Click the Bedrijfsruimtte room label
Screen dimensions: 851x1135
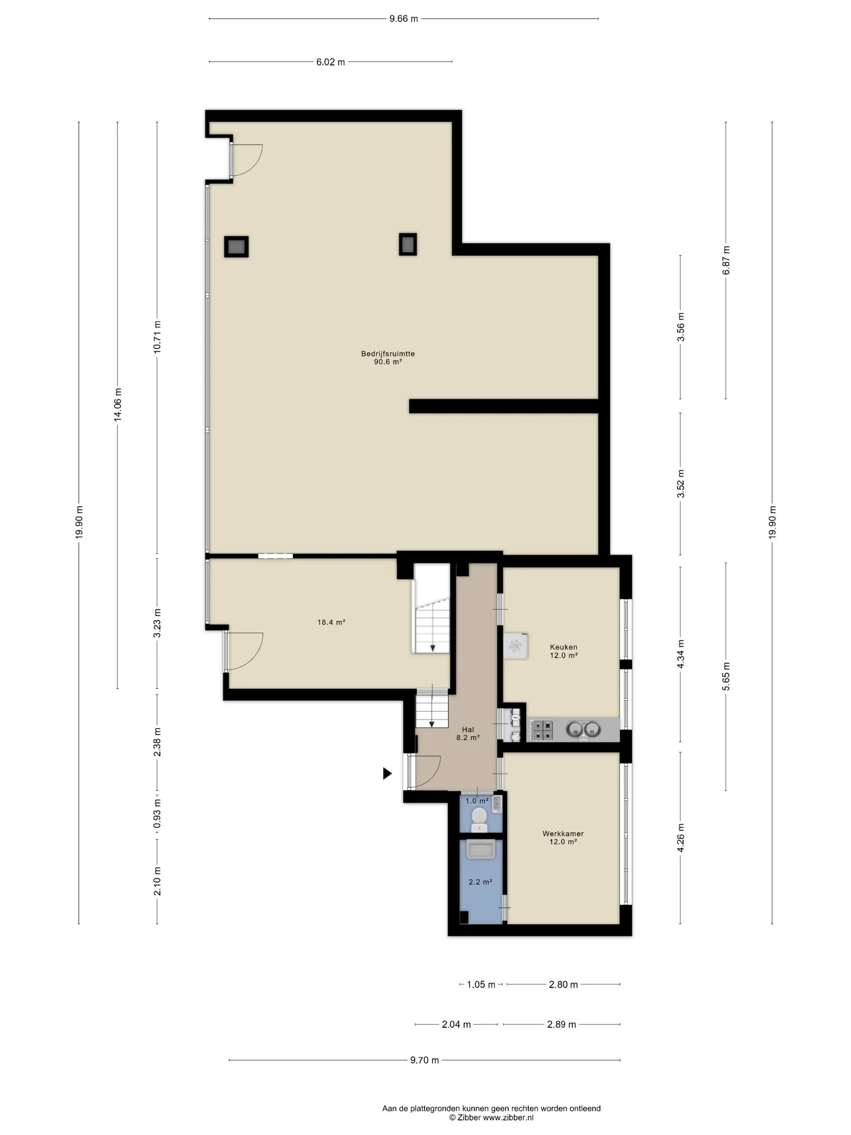pos(388,353)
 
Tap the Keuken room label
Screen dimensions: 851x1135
pos(563,647)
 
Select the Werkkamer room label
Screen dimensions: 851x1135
pos(563,834)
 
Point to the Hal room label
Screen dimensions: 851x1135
pos(468,730)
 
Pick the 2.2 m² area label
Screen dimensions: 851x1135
pos(480,882)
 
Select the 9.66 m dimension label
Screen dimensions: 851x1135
pos(404,19)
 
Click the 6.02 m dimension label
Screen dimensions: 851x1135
pos(330,62)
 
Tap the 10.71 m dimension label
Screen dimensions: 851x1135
pos(157,336)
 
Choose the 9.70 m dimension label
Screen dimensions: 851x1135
pos(424,1060)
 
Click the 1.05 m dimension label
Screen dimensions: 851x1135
pos(481,985)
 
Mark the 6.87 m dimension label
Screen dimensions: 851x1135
pos(726,260)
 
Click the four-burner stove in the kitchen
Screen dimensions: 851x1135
pos(541,730)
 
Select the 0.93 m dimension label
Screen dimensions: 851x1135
pos(157,813)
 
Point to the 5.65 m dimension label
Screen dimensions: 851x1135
pos(726,676)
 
